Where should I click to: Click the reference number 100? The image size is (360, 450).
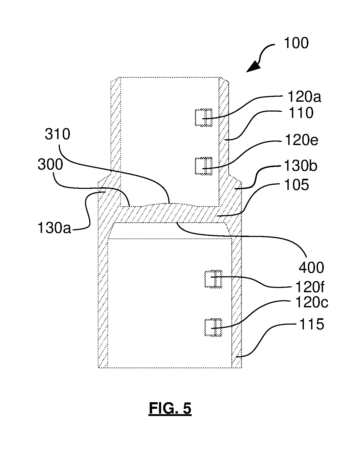[296, 43]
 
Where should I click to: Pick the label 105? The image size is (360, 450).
[296, 185]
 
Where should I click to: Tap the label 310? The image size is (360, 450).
[57, 134]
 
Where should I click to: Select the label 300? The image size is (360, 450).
[50, 165]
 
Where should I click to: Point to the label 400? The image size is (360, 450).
[311, 268]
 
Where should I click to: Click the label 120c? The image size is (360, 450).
[312, 303]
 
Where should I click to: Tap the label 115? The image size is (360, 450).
[312, 324]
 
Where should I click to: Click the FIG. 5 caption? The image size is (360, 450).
[170, 408]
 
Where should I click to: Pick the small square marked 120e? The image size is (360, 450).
[204, 166]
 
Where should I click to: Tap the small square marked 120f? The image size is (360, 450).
[213, 279]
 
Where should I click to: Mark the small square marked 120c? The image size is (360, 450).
[213, 327]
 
